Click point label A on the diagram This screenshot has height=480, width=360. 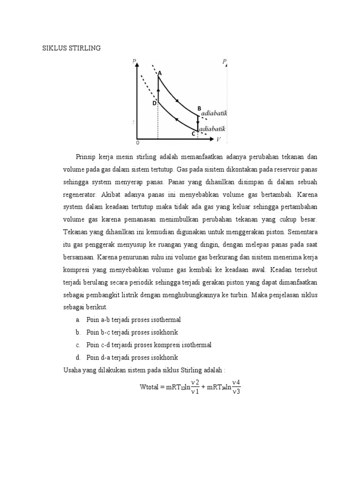coord(159,73)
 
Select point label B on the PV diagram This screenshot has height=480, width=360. coord(199,109)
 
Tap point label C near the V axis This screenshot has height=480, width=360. coord(193,134)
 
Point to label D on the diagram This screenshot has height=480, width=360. coord(154,103)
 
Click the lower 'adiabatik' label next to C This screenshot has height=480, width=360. coord(213,128)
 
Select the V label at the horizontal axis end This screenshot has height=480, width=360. coord(218,139)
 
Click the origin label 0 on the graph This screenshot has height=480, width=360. coord(138,142)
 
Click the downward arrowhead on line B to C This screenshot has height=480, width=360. coord(198,123)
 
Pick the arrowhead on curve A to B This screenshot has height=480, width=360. coord(177,99)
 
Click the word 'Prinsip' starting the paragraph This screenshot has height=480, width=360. coord(85,156)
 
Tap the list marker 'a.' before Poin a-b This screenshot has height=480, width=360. coord(77,320)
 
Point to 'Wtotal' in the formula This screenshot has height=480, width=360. coord(150,387)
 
